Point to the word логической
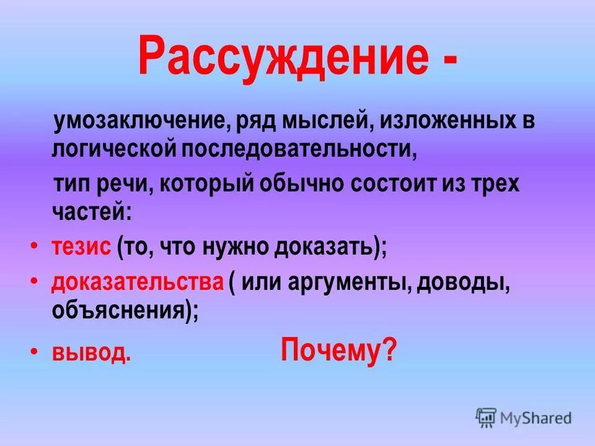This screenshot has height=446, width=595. point(114,149)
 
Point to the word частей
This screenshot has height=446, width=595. point(91,212)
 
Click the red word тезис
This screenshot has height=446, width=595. point(81,247)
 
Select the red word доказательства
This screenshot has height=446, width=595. point(137,282)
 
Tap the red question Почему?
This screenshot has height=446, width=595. point(338,351)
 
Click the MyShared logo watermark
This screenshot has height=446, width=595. point(524,418)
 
